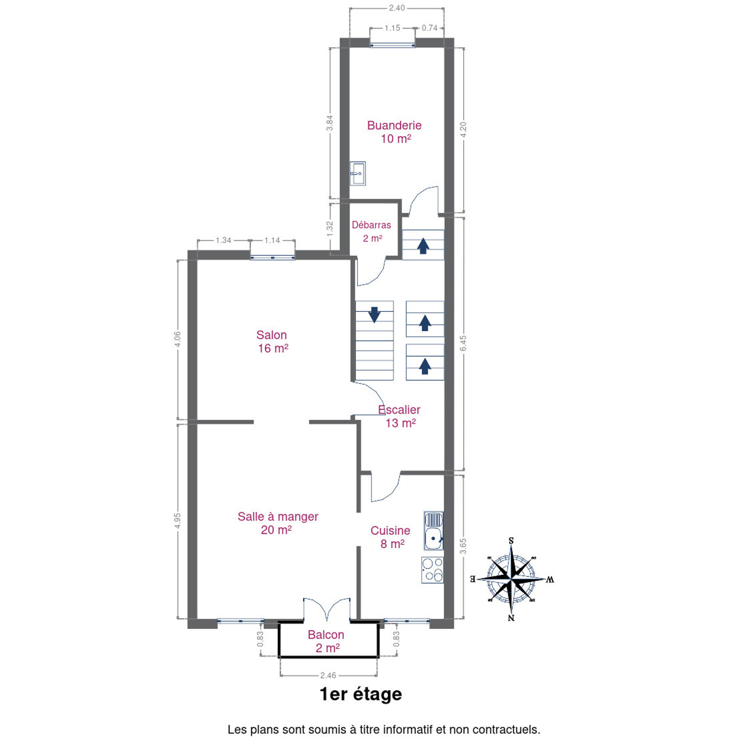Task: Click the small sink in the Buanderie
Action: point(358,174)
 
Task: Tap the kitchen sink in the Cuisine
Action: point(433,531)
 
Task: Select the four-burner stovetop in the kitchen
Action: point(432,570)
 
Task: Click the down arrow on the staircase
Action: point(374,314)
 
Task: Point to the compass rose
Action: point(512,579)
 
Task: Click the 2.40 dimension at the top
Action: point(397,8)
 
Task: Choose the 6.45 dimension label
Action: point(463,343)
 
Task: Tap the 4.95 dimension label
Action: point(177,521)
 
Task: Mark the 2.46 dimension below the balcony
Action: point(328,676)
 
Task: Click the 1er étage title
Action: point(361,694)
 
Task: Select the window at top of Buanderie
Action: point(393,45)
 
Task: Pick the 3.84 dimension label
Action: point(329,123)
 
